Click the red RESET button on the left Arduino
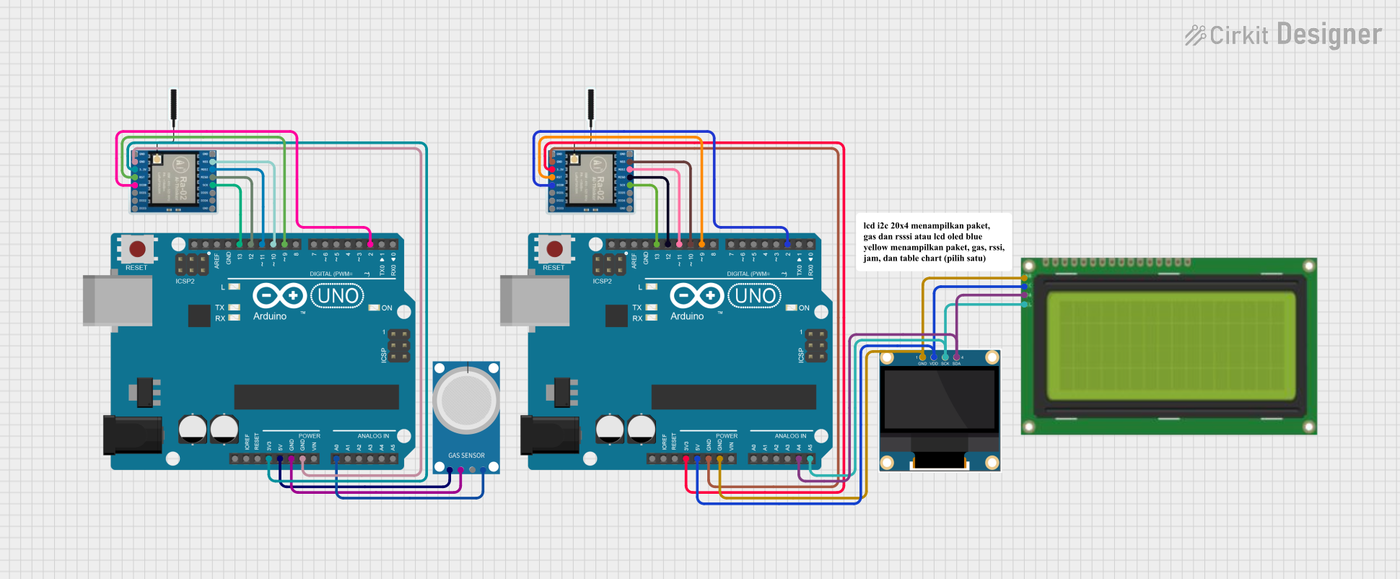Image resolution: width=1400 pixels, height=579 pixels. tap(137, 250)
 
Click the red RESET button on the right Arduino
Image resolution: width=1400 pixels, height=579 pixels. tap(554, 250)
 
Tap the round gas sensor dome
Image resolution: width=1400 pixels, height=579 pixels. tap(466, 399)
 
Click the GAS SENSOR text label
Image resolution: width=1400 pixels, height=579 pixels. tap(466, 456)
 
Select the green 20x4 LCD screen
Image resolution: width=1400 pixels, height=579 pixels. tap(1170, 346)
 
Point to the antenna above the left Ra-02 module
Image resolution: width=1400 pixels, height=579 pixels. tap(174, 105)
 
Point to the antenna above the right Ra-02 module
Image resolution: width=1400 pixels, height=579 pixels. tap(591, 105)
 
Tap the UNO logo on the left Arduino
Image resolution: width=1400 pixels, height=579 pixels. tap(337, 296)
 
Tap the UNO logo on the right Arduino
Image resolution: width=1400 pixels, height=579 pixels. tap(755, 296)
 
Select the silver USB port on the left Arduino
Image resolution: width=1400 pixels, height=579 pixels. tap(115, 300)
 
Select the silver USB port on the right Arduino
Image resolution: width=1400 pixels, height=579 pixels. tap(533, 300)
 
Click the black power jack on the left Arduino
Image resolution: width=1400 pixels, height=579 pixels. tap(131, 435)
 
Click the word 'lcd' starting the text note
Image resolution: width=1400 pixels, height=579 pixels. tap(869, 226)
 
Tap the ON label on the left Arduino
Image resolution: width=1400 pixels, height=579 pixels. tap(387, 308)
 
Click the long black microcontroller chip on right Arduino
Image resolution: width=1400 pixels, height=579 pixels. tap(733, 397)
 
